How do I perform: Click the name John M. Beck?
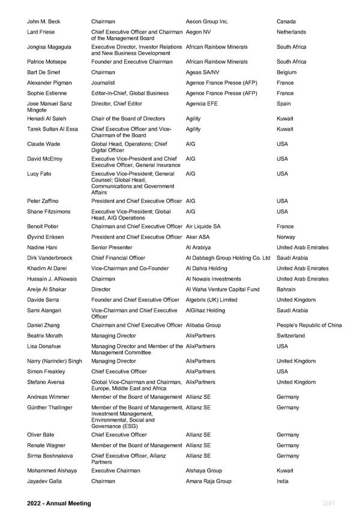pos(44,22)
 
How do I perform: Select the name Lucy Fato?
pos(40,174)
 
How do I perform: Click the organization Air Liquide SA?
pos(203,227)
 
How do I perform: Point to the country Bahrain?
pos(287,290)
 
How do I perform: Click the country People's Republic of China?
pos(310,326)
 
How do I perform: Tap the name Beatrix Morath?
pos(45,336)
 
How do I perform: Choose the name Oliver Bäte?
pos(42,435)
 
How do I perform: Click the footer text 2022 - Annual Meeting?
pos(59,503)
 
